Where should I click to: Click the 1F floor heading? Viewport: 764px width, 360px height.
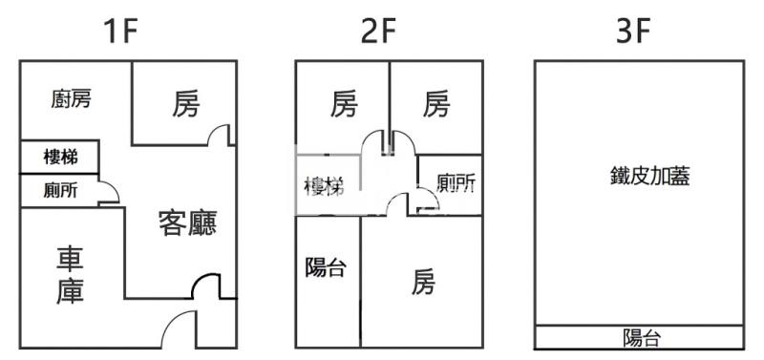121,32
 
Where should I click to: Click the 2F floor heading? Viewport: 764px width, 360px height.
379,32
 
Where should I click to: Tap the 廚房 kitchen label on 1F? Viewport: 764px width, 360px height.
71,99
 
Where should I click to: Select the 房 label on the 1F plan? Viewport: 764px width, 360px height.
186,104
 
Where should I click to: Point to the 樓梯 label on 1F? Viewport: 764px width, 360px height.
60,157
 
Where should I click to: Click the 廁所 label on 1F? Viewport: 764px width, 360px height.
60,190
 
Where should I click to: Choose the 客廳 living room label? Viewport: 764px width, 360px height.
187,223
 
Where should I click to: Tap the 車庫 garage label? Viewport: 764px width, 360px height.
69,276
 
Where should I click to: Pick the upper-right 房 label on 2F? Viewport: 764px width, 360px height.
435,104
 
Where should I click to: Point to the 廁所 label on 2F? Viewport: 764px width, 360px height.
455,183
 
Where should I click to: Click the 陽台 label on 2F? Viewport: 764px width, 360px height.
325,267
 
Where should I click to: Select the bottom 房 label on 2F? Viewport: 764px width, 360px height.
424,282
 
